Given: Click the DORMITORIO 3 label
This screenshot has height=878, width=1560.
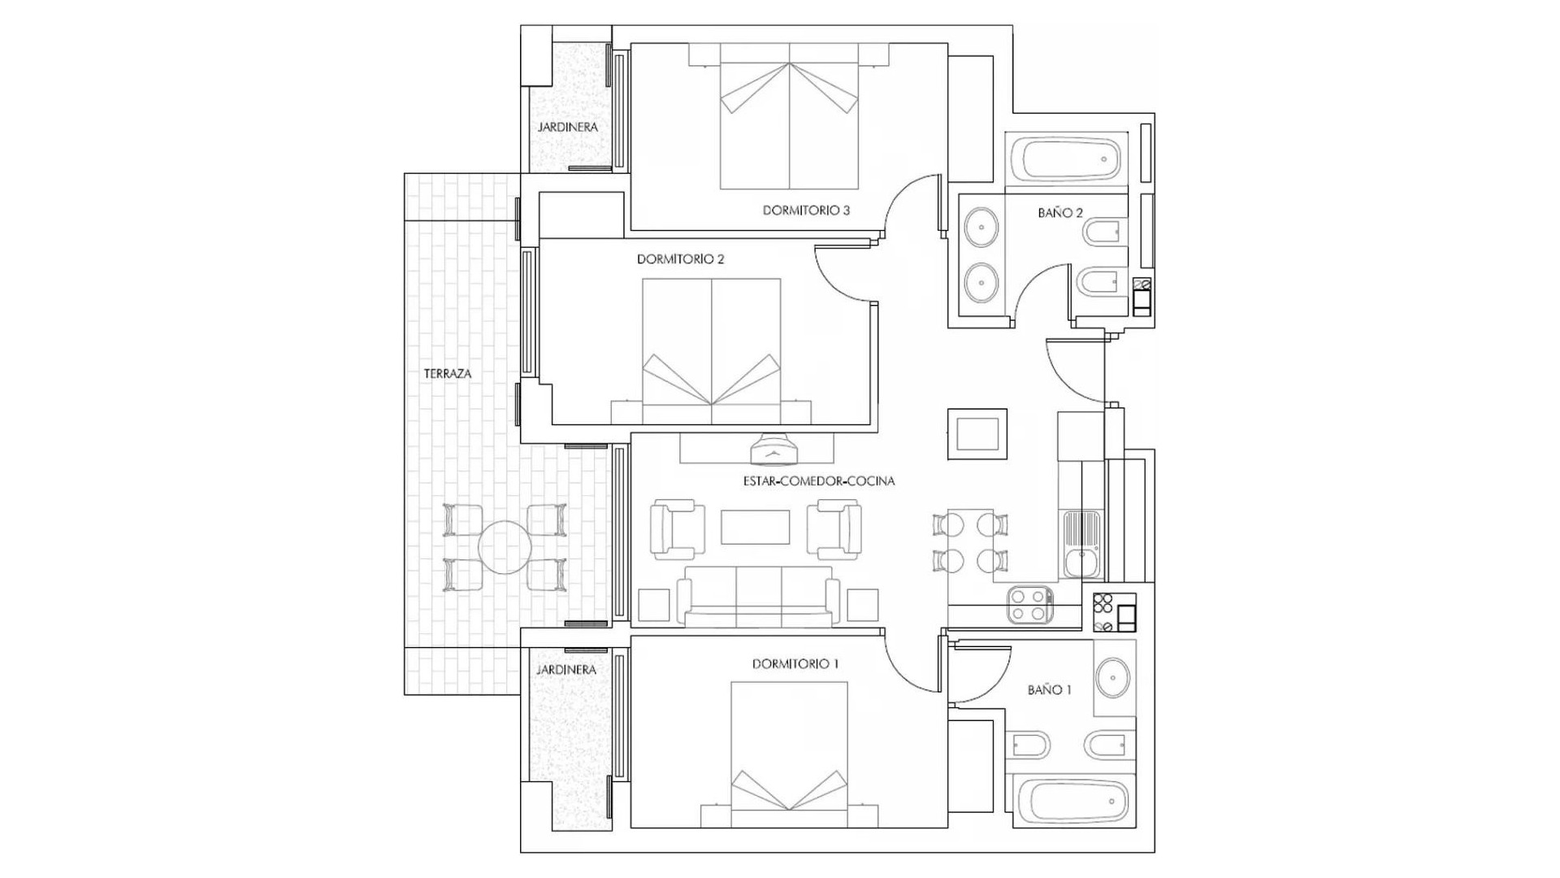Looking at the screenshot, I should [x=806, y=211].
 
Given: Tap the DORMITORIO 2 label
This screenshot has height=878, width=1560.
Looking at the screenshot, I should [x=680, y=259].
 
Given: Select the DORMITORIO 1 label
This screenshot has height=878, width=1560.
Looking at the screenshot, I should [x=795, y=664].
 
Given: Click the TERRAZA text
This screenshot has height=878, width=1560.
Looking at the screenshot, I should [x=447, y=374].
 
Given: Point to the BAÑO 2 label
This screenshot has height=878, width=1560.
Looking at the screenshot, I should [x=1059, y=213].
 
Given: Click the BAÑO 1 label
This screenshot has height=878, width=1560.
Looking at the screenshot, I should [x=1049, y=690].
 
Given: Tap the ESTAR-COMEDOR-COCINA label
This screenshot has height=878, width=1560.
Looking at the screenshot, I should [x=818, y=481].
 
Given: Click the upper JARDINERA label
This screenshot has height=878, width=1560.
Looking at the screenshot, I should [x=567, y=128].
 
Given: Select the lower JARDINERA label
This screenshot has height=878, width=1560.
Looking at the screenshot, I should [x=565, y=670].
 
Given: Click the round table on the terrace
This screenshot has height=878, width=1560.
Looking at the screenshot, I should [x=505, y=547].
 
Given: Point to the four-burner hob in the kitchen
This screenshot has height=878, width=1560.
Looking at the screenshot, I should [x=1029, y=605].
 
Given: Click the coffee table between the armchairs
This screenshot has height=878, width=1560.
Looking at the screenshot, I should [x=755, y=527].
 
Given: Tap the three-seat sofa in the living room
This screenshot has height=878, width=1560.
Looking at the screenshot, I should [x=758, y=596].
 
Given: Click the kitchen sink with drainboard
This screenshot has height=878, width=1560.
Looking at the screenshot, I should [x=1081, y=543].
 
